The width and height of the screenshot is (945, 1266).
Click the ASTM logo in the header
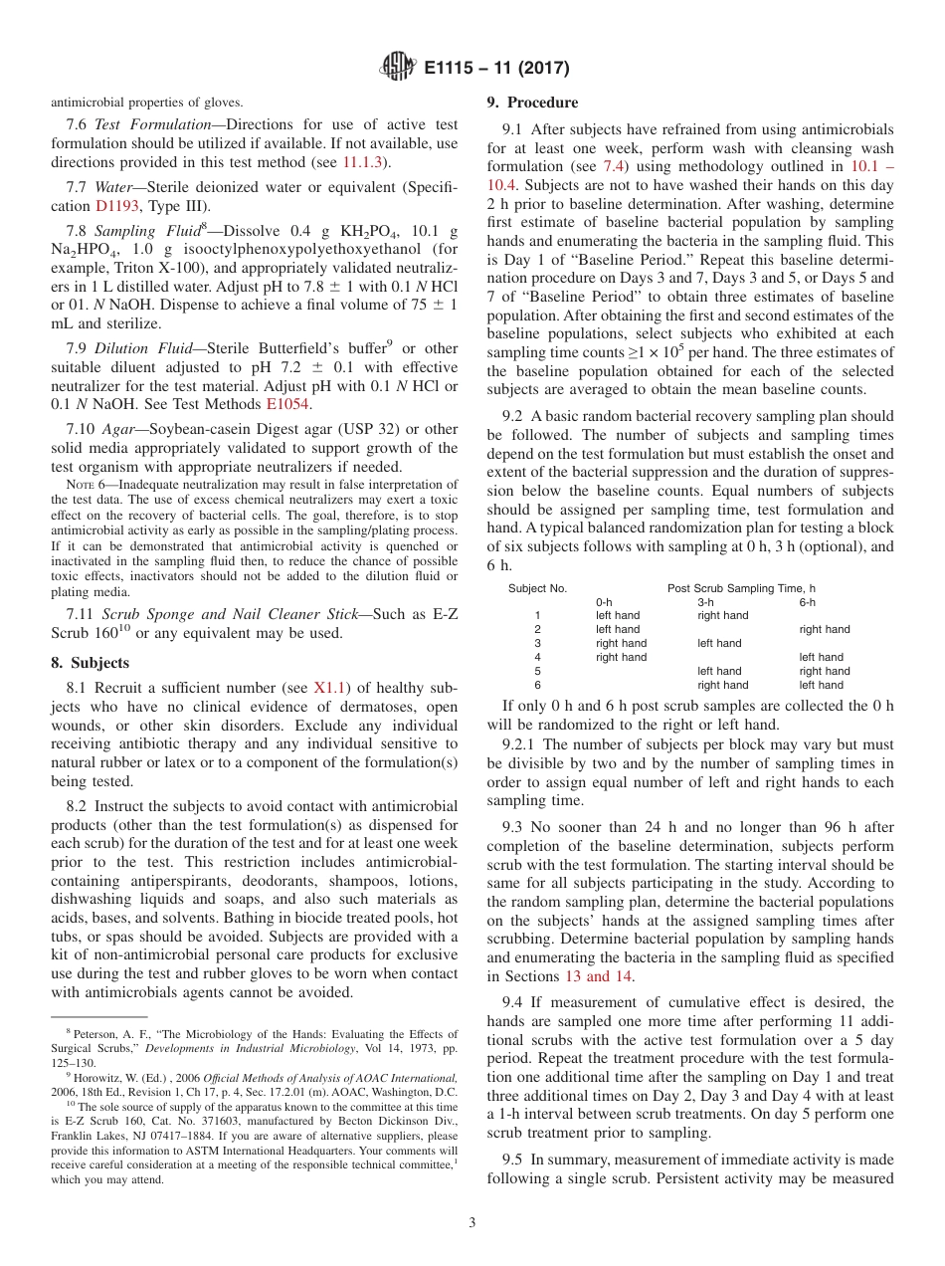point(398,69)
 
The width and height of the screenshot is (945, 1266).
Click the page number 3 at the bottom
point(472,1222)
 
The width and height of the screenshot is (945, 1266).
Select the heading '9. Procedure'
point(532,103)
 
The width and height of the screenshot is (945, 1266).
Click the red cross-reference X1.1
point(330,687)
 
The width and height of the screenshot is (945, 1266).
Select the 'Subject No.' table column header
point(538,588)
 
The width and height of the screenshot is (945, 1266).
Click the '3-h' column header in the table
point(706,602)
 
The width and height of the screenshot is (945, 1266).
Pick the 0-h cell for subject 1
point(618,615)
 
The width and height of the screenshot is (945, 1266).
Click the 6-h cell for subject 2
point(825,629)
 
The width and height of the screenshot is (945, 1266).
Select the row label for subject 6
point(538,685)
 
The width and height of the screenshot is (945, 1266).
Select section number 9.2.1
point(521,743)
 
